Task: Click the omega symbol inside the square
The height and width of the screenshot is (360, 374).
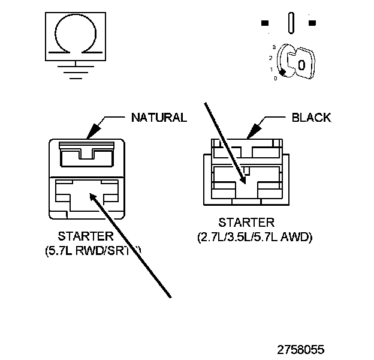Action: click(x=74, y=33)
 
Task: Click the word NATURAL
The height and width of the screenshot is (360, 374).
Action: click(x=159, y=117)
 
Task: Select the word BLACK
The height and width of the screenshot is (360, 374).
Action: click(x=310, y=118)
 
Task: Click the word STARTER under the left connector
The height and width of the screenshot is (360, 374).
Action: click(x=86, y=235)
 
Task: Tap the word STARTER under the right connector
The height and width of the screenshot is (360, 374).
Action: click(x=247, y=224)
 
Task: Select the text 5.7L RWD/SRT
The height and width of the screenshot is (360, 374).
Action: click(x=93, y=249)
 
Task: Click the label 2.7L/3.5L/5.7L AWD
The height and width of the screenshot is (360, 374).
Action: click(x=255, y=238)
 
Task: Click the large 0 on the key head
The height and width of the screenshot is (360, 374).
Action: click(x=301, y=64)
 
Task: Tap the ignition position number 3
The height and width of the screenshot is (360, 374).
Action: click(x=273, y=46)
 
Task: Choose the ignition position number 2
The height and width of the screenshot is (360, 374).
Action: click(x=271, y=58)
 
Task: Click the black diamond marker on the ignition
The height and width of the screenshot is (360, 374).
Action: click(x=282, y=72)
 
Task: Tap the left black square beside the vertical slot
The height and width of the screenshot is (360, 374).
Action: click(x=265, y=23)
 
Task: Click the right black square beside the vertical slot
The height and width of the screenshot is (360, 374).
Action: click(x=312, y=23)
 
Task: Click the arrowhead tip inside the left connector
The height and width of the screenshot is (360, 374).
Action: click(x=91, y=194)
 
